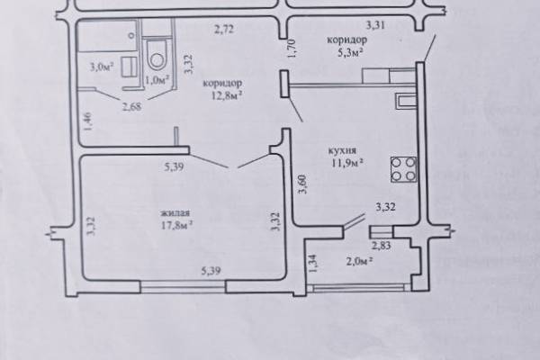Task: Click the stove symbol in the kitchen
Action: (403, 169)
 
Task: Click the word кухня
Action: (342, 151)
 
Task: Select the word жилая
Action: (175, 213)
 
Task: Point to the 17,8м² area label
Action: (176, 226)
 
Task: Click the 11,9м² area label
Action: (347, 163)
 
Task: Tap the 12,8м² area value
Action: (226, 95)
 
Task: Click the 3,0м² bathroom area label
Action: (103, 67)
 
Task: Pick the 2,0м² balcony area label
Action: (359, 261)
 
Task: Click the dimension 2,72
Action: (224, 30)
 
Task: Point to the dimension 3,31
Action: (375, 25)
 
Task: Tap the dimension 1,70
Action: (292, 49)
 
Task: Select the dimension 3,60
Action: (302, 184)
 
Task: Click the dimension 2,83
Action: (381, 246)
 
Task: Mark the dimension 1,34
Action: (312, 264)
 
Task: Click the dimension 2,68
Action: (131, 106)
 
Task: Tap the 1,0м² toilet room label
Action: (157, 80)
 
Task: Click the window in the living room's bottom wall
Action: (184, 286)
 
